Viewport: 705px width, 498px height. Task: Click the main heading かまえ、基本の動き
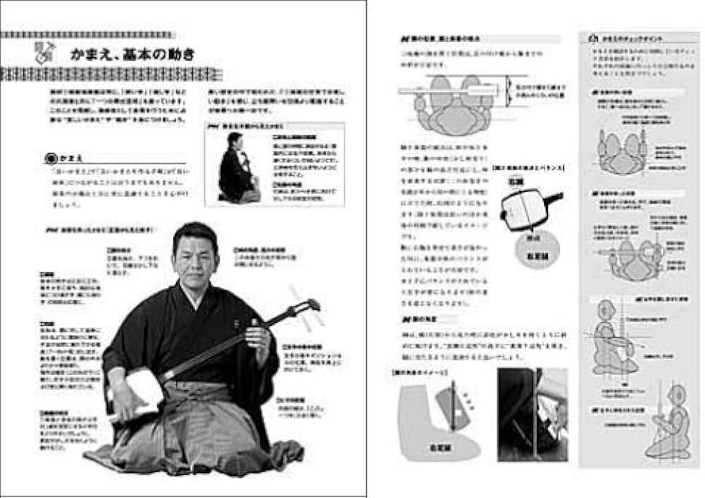pyautogui.click(x=133, y=54)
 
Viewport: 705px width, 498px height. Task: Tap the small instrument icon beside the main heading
pyautogui.click(x=44, y=51)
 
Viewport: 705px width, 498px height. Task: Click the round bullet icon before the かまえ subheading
pyautogui.click(x=49, y=159)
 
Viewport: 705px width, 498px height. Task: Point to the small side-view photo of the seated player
pyautogui.click(x=234, y=167)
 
